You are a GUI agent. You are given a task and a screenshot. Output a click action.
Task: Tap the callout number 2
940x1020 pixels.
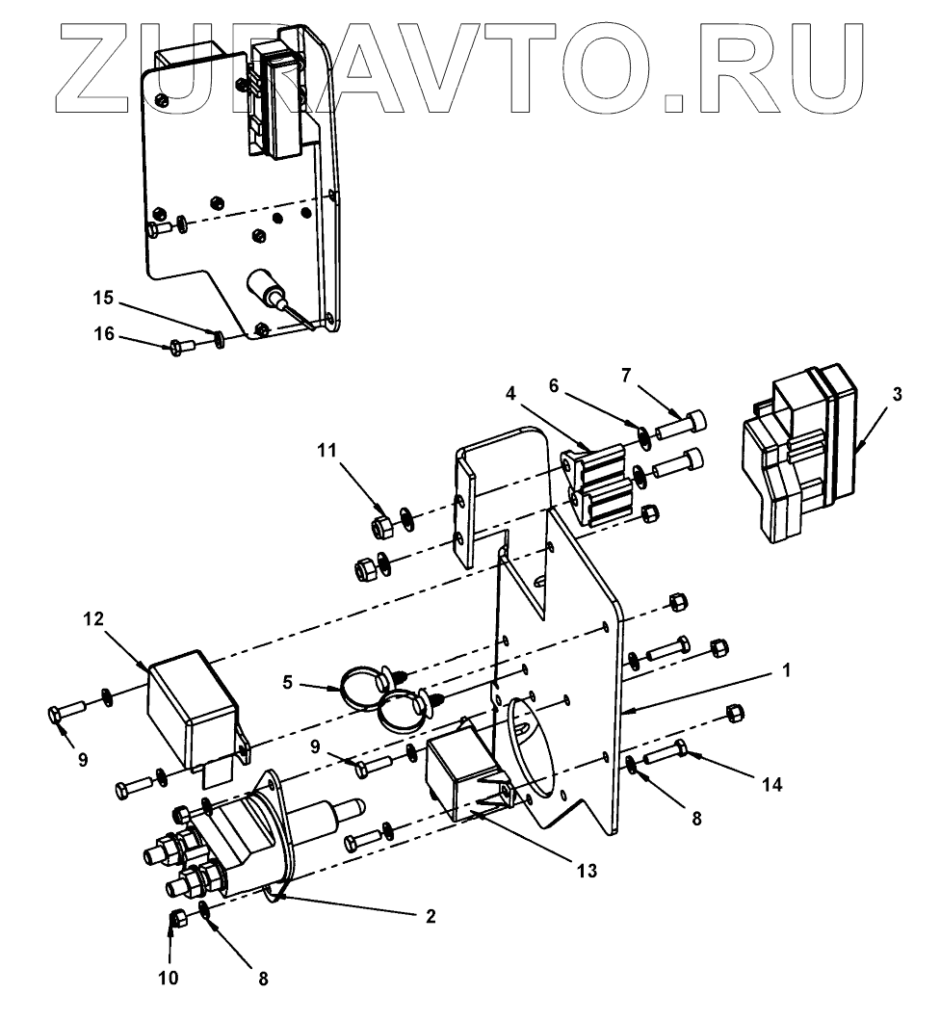[432, 916]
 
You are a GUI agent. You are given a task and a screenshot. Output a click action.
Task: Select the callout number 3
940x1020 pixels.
[896, 396]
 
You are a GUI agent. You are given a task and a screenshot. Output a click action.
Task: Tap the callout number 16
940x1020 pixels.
[104, 334]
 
